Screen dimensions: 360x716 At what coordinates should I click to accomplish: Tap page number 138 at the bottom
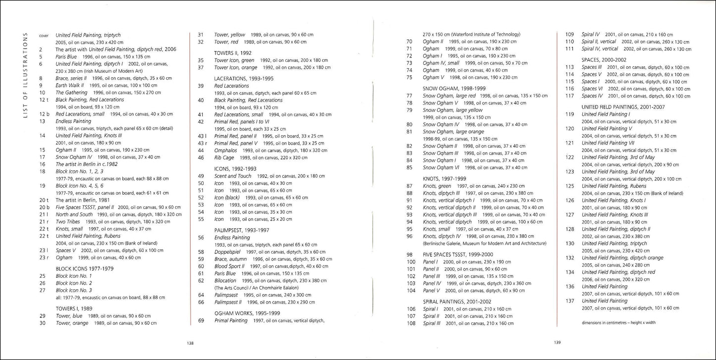[x=190, y=343]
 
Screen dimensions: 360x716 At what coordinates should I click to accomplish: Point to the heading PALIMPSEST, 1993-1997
[x=242, y=230]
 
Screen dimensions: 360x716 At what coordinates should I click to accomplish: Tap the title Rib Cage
[x=224, y=157]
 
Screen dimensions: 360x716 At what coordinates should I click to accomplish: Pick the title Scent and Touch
[x=233, y=176]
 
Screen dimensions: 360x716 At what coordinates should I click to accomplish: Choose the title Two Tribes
[x=69, y=221]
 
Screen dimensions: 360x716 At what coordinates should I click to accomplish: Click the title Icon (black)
[x=226, y=197]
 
